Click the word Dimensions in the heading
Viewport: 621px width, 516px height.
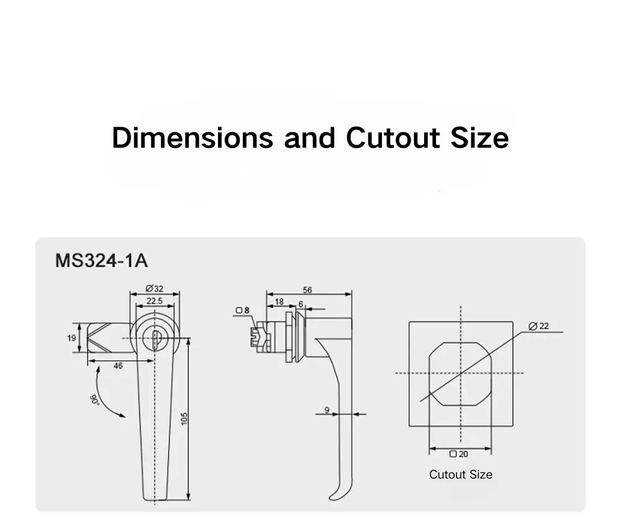pyautogui.click(x=192, y=137)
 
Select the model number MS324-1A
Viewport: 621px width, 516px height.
pyautogui.click(x=102, y=260)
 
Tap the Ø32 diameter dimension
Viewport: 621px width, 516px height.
pyautogui.click(x=154, y=288)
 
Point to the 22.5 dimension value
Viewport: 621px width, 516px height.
pyautogui.click(x=154, y=301)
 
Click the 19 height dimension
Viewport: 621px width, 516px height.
pyautogui.click(x=71, y=338)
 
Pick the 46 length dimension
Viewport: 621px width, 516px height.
pyautogui.click(x=118, y=366)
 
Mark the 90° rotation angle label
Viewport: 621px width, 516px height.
pyautogui.click(x=94, y=397)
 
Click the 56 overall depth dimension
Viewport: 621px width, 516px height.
pyautogui.click(x=308, y=289)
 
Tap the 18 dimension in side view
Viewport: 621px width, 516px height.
pyautogui.click(x=279, y=301)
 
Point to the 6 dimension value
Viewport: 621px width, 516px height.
pyautogui.click(x=301, y=304)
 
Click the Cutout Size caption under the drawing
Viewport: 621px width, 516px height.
pyautogui.click(x=460, y=474)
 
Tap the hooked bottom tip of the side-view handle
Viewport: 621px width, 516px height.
pyautogui.click(x=333, y=494)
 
